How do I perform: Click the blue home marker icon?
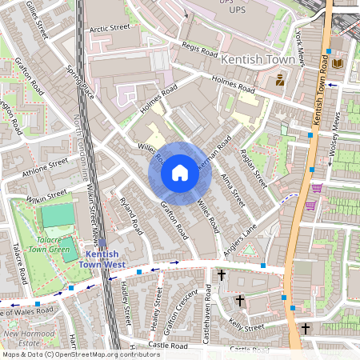pyautogui.click(x=179, y=173)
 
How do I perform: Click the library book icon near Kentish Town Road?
pyautogui.click(x=338, y=62)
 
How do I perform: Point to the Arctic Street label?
pyautogui.click(x=110, y=28)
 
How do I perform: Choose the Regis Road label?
pyautogui.click(x=199, y=50)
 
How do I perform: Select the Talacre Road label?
pyautogui.click(x=20, y=265)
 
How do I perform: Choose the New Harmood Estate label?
pyautogui.click(x=24, y=339)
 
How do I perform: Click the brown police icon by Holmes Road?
pyautogui.click(x=280, y=80)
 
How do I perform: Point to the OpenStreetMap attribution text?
pyautogui.click(x=80, y=354)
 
